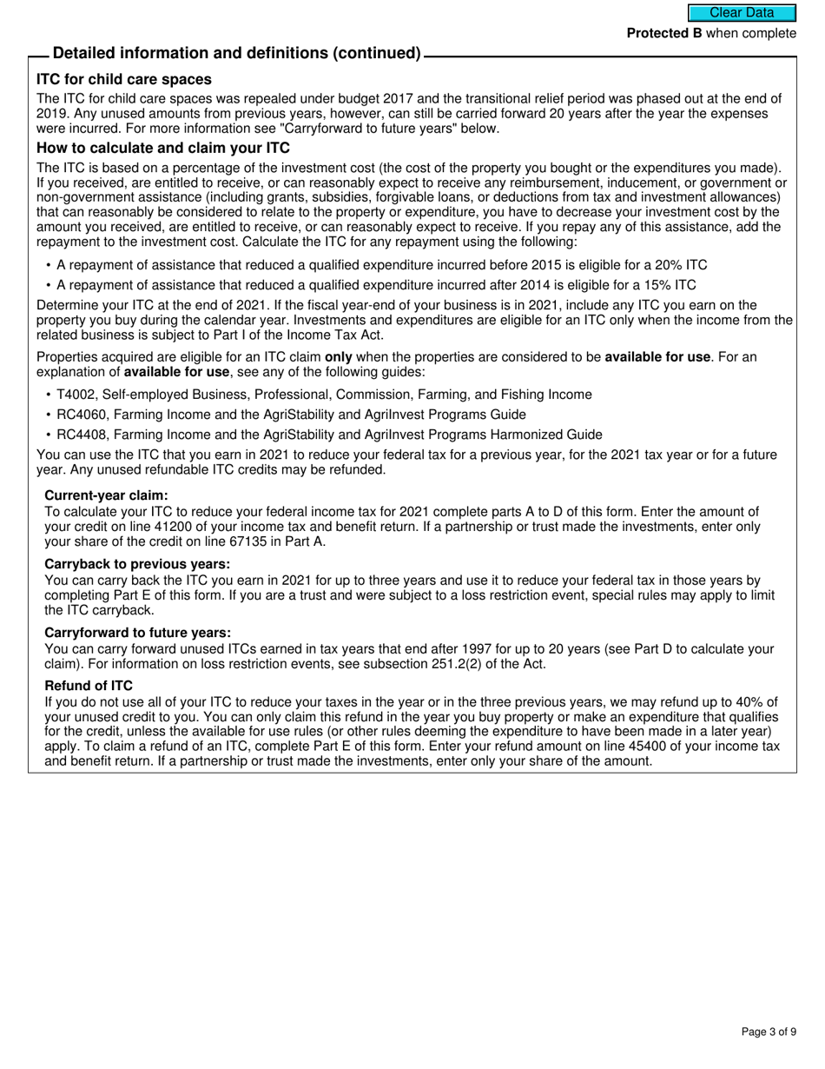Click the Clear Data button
(742, 12)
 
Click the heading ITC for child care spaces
(124, 79)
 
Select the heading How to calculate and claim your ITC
(163, 148)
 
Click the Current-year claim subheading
(106, 495)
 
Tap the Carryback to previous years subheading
(137, 564)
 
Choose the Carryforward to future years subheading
(138, 633)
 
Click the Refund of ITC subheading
(89, 686)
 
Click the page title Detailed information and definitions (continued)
(237, 53)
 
